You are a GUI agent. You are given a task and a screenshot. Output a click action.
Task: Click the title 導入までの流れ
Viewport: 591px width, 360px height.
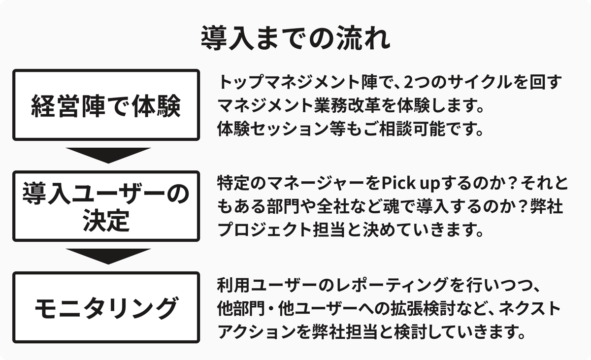click(x=295, y=38)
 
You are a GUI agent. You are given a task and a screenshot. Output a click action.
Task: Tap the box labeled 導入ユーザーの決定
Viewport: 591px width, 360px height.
click(x=106, y=206)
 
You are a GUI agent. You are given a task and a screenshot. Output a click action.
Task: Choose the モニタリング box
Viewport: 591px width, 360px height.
click(x=106, y=307)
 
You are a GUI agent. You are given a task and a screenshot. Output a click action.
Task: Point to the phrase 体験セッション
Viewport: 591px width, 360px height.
click(x=274, y=129)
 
